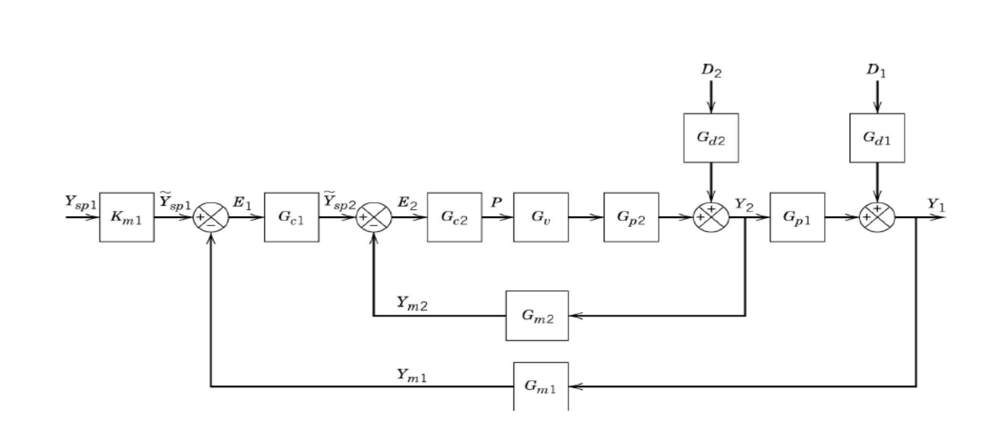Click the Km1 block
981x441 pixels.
126,217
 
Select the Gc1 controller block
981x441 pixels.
291,217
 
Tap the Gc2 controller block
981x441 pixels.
455,217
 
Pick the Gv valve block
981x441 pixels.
541,217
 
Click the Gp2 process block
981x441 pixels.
631,217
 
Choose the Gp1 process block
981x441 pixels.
797,217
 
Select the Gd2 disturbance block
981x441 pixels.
711,138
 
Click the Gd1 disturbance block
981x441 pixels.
877,138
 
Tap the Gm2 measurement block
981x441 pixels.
537,315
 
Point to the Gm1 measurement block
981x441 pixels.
541,387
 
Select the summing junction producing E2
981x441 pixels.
374,217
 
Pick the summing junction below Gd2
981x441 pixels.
711,217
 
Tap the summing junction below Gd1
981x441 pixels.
877,217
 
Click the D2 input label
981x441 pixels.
711,71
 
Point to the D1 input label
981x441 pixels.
876,71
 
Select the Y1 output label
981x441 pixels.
936,204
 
